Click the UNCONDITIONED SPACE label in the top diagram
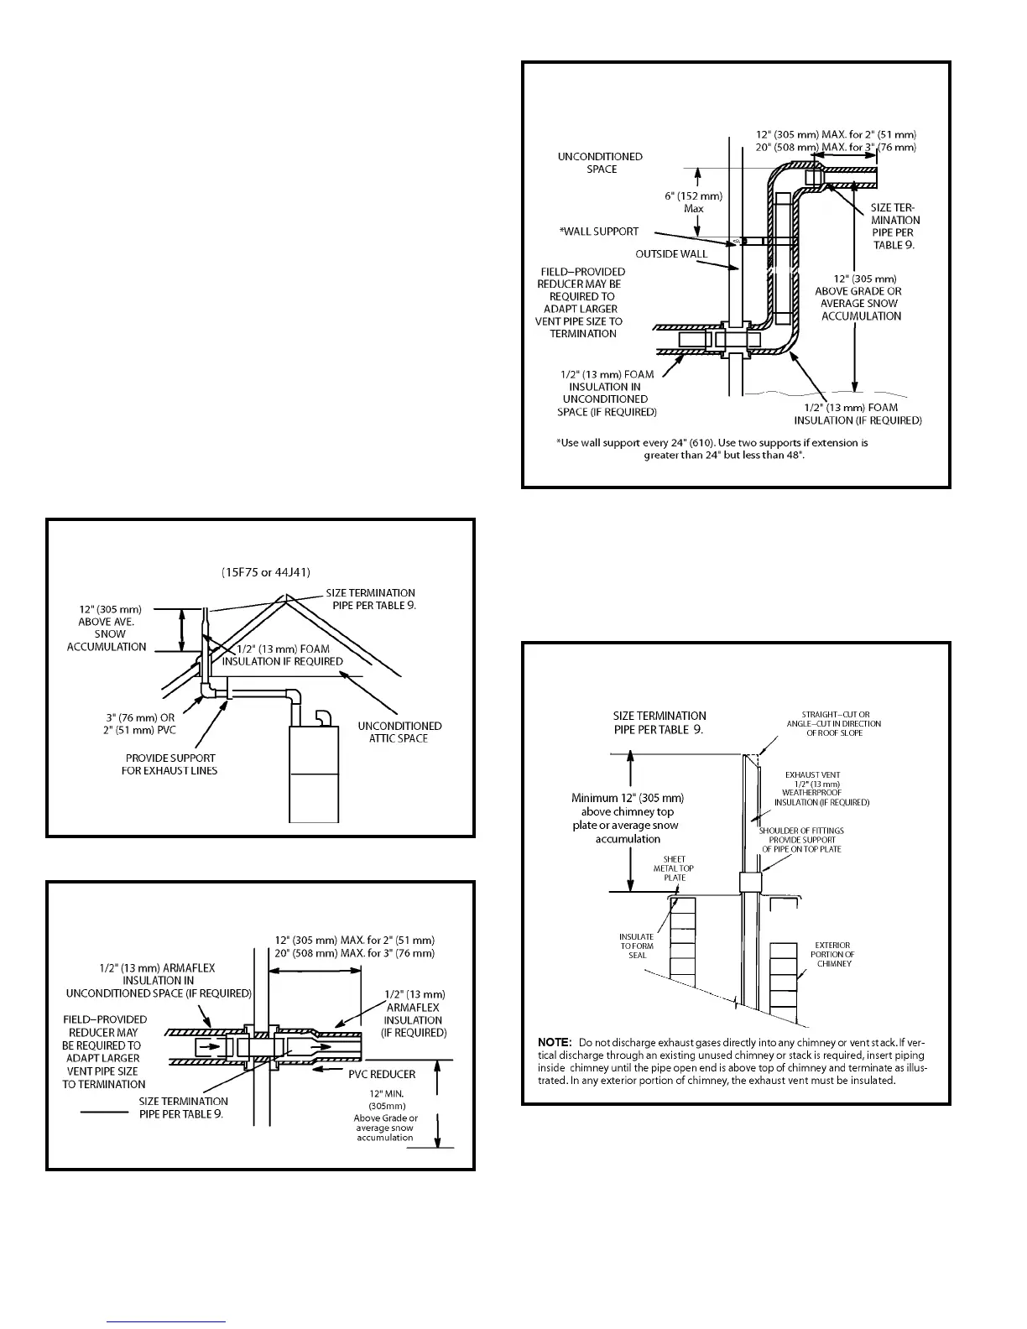(x=600, y=163)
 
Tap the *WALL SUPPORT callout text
(x=599, y=232)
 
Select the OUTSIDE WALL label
(x=671, y=253)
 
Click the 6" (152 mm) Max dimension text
(x=693, y=202)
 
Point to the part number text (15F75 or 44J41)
(x=265, y=572)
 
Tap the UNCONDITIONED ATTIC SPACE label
(x=399, y=732)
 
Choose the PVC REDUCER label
(x=382, y=1074)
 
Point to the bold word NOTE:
(x=554, y=1041)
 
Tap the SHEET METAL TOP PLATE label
(x=674, y=868)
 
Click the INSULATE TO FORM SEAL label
(x=637, y=946)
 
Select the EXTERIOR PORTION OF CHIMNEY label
(x=833, y=954)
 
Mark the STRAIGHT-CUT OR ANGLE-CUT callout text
(x=833, y=723)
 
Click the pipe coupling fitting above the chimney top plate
(x=749, y=882)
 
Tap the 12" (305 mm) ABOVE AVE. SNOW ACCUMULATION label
(x=107, y=628)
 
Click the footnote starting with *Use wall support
(x=712, y=448)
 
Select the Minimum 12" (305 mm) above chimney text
(x=628, y=818)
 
